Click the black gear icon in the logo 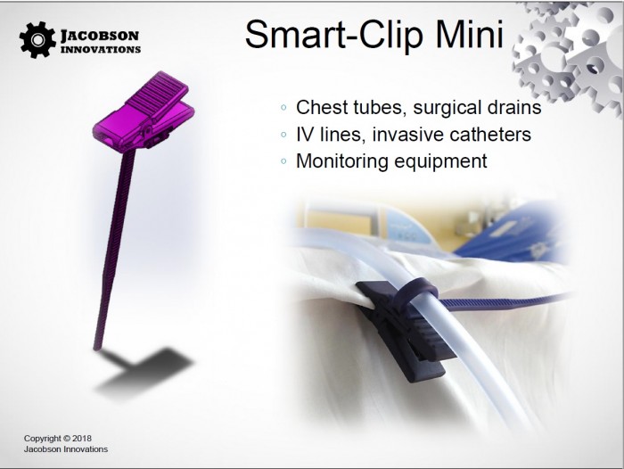(x=37, y=40)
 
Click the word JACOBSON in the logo (x=100, y=36)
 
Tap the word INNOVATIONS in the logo (x=101, y=50)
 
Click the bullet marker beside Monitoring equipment (x=283, y=161)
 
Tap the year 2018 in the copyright (x=82, y=439)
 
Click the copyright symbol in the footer (x=67, y=439)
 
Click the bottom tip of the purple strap (x=96, y=349)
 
